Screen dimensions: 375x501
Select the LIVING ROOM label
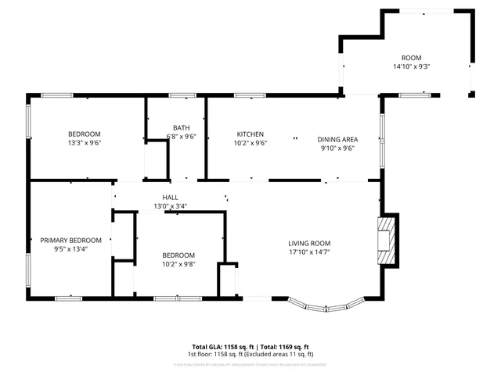pyautogui.click(x=309, y=243)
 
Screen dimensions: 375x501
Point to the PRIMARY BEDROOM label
pyautogui.click(x=71, y=240)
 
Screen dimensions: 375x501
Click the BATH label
pyautogui.click(x=181, y=128)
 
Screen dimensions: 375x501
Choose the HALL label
pyautogui.click(x=170, y=197)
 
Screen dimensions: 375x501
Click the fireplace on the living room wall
pyautogui.click(x=385, y=243)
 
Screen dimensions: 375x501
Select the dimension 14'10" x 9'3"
pyautogui.click(x=411, y=67)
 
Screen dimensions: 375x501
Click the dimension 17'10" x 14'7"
pyautogui.click(x=309, y=252)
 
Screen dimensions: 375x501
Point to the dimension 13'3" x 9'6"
pyautogui.click(x=85, y=143)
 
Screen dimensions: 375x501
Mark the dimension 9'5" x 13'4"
pyautogui.click(x=71, y=249)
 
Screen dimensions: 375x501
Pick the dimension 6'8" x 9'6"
pyautogui.click(x=181, y=137)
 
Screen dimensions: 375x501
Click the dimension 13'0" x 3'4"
pyautogui.click(x=170, y=206)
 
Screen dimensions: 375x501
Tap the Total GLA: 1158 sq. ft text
pyautogui.click(x=222, y=346)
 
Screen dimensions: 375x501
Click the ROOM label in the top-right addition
pyautogui.click(x=411, y=58)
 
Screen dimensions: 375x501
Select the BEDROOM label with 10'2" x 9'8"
pyautogui.click(x=178, y=255)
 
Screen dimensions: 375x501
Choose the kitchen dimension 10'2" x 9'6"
pyautogui.click(x=250, y=143)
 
